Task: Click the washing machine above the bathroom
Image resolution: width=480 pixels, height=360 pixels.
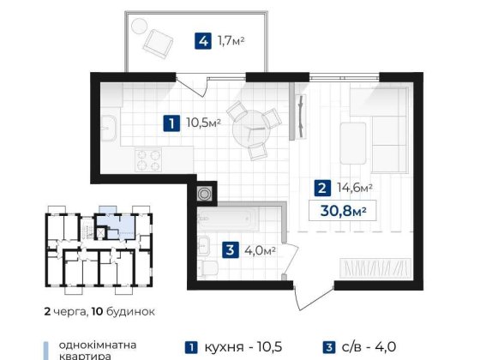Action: (x=205, y=194)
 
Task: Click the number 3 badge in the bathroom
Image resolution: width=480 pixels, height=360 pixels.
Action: (x=229, y=250)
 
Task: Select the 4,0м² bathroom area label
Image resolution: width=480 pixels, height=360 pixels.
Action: (x=258, y=250)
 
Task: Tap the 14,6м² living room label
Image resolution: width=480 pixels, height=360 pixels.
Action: (x=351, y=188)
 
